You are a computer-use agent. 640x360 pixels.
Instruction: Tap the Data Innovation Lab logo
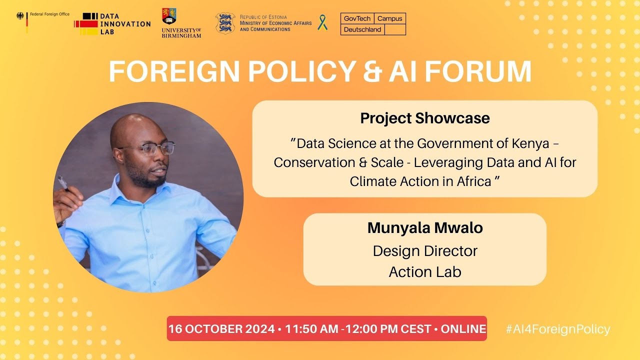[x=112, y=24]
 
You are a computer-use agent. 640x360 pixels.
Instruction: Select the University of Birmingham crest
[x=169, y=16]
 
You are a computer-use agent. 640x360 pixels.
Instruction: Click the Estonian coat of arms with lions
[x=225, y=23]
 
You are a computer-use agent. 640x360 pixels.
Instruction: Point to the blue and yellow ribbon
[x=322, y=22]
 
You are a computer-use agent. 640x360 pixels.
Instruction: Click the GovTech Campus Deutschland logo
[x=373, y=24]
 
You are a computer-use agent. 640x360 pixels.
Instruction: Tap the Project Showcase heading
[x=424, y=118]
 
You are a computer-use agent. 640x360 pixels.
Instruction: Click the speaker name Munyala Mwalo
[x=425, y=228]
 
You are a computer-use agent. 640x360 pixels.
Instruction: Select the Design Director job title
[x=425, y=250]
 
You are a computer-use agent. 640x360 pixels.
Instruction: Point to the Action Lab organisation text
[x=425, y=272]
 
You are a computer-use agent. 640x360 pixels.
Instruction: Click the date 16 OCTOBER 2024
[x=221, y=329]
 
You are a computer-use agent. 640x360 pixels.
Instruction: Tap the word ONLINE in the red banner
[x=463, y=329]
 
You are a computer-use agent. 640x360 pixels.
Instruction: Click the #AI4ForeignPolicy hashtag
[x=557, y=329]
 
